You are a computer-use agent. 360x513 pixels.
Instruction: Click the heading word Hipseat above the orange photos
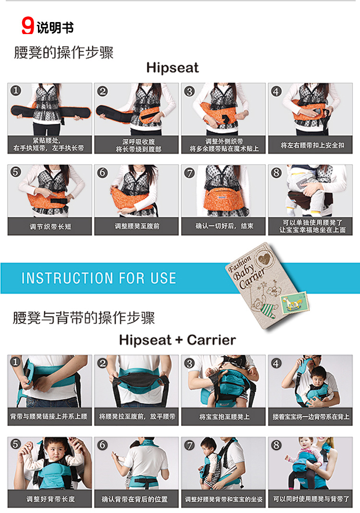172,68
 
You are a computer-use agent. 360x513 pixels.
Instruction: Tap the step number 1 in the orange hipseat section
16,90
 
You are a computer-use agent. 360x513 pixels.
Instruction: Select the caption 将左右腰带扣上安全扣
312,145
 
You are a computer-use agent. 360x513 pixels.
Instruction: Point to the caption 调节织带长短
50,227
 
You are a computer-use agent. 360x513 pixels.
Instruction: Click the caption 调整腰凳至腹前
137,226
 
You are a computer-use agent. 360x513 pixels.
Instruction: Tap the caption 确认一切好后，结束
224,226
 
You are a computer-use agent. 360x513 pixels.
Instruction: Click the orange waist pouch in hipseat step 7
224,199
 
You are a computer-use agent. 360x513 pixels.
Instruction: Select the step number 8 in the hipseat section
276,172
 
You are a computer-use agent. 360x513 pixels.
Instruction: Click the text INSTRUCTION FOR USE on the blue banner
98,278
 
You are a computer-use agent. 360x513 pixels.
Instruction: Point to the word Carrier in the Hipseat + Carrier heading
211,340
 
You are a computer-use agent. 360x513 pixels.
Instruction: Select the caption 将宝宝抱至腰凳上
224,417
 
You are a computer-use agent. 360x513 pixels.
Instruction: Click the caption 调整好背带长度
50,499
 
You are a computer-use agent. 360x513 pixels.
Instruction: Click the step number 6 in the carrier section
102,445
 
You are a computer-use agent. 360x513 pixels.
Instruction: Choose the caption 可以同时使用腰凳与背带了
311,499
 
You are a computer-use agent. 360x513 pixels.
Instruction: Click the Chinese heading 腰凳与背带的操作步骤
84,318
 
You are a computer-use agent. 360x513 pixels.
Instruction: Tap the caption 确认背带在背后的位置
134,499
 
